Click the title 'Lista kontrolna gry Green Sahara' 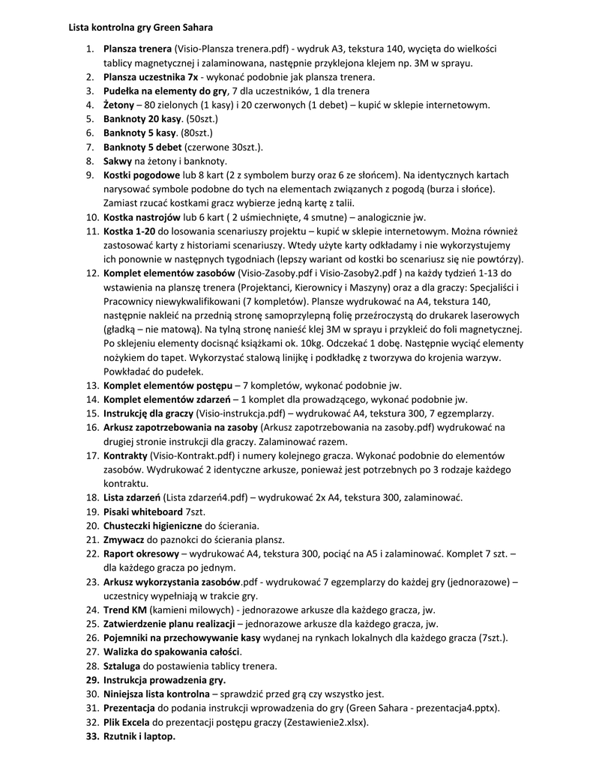(141, 28)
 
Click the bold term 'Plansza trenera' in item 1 (138, 49)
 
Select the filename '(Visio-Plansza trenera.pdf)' (233, 49)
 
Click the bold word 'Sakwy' (118, 161)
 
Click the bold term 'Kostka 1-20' (129, 231)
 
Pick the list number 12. (91, 273)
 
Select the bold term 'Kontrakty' (124, 455)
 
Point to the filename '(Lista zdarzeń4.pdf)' (202, 497)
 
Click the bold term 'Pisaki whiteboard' (142, 511)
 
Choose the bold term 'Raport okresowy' (141, 553)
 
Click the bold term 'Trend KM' (125, 609)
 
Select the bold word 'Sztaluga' (122, 665)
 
